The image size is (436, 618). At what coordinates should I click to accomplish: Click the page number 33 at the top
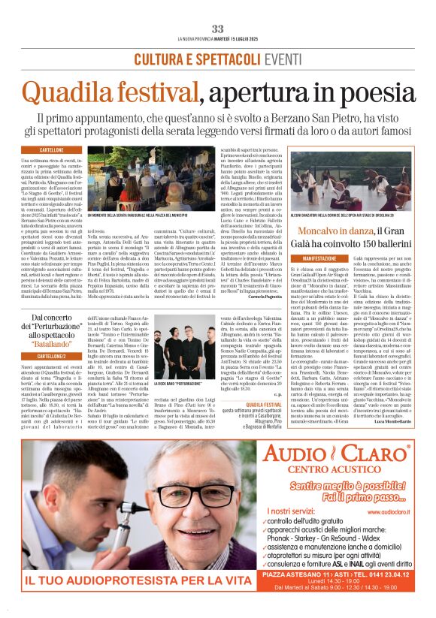[x=218, y=29]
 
